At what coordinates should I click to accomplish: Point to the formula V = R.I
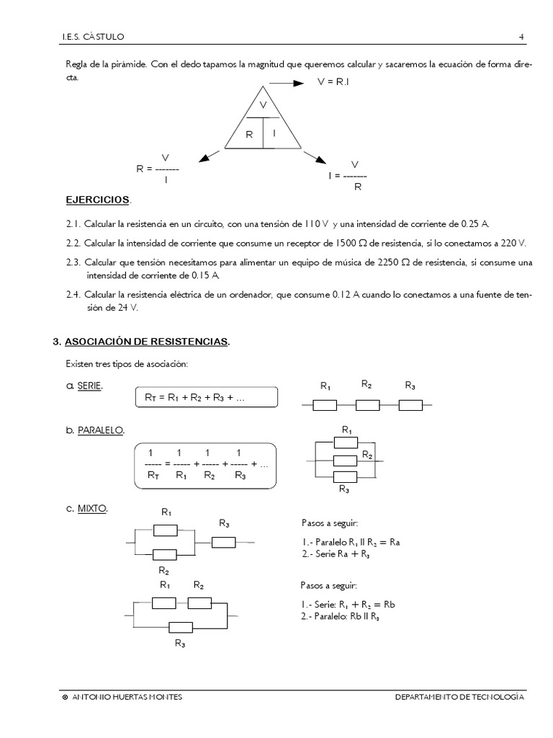click(x=333, y=83)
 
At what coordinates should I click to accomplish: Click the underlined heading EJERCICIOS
click(x=98, y=198)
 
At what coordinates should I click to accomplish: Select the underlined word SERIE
click(x=89, y=386)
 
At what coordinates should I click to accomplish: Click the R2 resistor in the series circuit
click(x=367, y=406)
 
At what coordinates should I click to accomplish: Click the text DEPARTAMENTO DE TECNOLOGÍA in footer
click(x=460, y=697)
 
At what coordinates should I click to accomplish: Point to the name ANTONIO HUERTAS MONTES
click(x=128, y=697)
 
